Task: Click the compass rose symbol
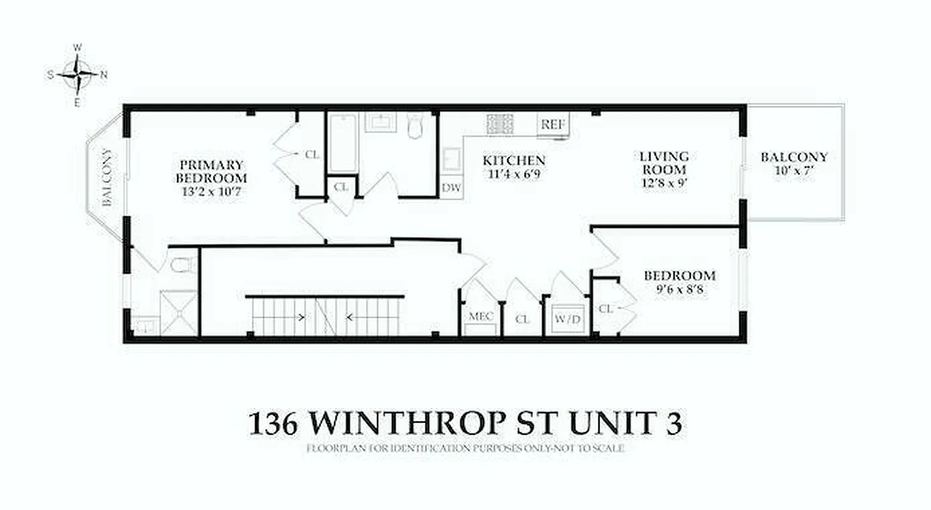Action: tap(77, 75)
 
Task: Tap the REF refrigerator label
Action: tap(552, 125)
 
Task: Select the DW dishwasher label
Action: tap(452, 188)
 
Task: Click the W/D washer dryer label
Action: tap(568, 319)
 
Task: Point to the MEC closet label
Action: tap(481, 316)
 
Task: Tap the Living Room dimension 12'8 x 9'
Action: tap(665, 184)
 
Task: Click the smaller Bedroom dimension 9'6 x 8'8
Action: tap(679, 289)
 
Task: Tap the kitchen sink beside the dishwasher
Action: tap(452, 159)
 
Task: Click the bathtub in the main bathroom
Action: tap(343, 143)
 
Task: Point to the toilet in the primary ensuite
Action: tap(184, 264)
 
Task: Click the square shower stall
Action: tap(179, 313)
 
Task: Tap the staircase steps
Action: tap(325, 316)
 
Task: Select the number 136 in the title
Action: tap(272, 423)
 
